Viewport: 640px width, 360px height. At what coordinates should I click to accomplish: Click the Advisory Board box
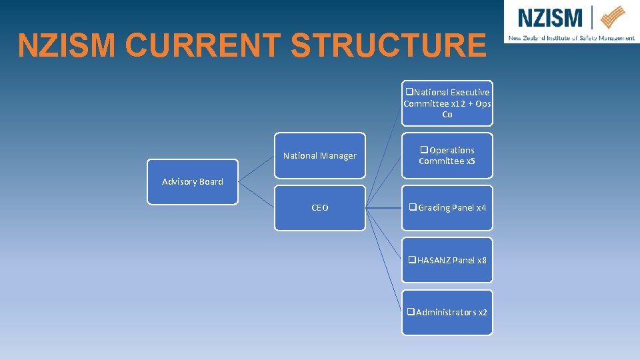coord(192,182)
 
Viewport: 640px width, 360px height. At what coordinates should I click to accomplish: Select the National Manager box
coord(320,156)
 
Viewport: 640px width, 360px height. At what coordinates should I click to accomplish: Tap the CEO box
coord(320,208)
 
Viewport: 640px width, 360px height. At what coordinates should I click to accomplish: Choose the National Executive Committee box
coord(447,103)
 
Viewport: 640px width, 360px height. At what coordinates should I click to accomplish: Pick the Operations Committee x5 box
coord(447,155)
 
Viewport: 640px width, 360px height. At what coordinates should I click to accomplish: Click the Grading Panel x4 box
coord(447,208)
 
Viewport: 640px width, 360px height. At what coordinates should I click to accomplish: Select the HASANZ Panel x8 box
coord(447,260)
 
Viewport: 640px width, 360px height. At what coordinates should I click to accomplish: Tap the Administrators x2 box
coord(447,313)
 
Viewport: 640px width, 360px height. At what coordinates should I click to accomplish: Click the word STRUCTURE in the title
coord(389,46)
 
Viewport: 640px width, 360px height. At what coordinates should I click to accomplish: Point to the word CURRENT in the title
coord(204,46)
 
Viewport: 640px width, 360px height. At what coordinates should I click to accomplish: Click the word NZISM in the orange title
coord(68,46)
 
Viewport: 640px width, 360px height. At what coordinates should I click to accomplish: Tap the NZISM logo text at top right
coord(550,17)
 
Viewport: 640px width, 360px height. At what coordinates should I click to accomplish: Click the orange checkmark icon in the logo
coord(613,17)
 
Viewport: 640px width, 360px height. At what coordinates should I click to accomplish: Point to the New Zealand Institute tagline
coord(571,38)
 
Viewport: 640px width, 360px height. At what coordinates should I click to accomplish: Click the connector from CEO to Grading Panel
coord(384,208)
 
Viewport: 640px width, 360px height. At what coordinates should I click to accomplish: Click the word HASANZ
coord(434,260)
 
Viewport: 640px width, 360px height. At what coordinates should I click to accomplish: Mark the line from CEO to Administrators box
coord(384,260)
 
